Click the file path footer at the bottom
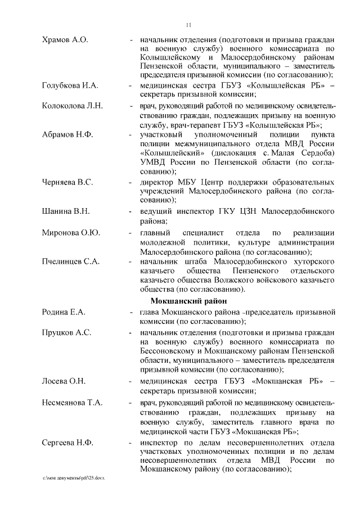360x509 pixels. pos(74,478)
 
